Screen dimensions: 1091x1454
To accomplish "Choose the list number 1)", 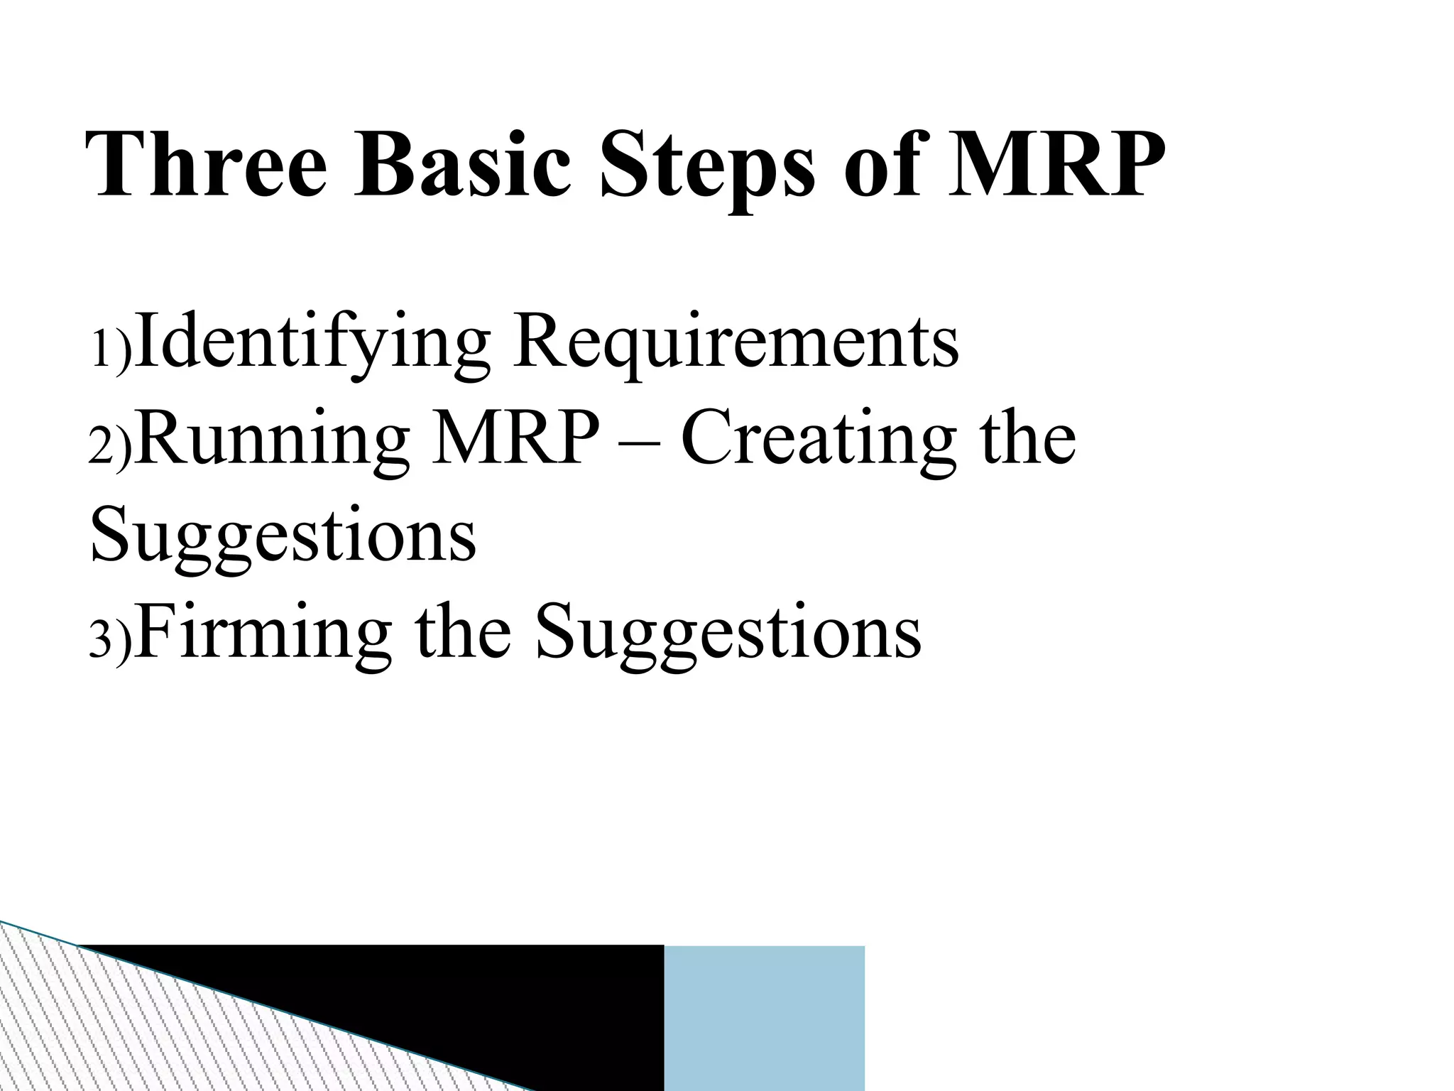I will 110,349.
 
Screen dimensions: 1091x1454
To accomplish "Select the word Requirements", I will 735,342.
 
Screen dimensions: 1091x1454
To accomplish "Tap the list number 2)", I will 110,447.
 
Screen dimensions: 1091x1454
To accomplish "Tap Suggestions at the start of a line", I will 283,536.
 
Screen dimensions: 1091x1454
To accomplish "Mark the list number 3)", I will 110,639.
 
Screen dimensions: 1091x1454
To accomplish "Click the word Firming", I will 262,632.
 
